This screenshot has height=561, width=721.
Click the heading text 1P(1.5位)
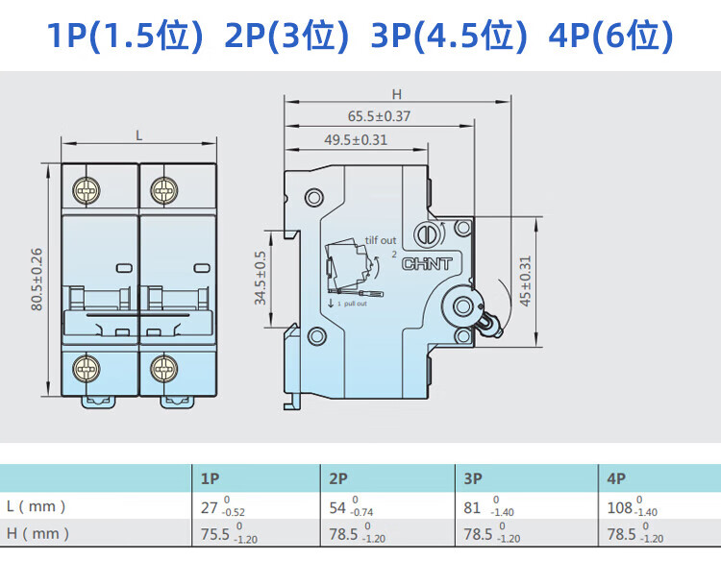coord(125,36)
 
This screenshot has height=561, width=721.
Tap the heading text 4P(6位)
coord(610,36)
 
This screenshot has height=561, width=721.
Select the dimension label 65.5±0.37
coord(379,116)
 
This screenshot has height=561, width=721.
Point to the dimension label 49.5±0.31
coord(356,139)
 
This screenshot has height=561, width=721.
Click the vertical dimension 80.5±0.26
coord(37,280)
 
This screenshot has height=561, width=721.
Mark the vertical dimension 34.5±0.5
coord(261,278)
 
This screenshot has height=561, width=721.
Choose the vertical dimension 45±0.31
coord(525,280)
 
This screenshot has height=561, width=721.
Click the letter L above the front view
coord(138,136)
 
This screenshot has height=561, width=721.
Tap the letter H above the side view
coord(397,94)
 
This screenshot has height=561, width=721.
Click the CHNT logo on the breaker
coord(427,264)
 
